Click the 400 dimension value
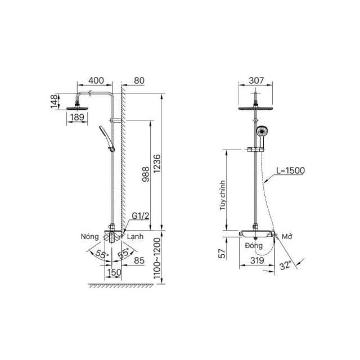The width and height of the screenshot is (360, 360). pyautogui.click(x=96, y=80)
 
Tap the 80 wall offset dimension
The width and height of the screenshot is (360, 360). pyautogui.click(x=139, y=80)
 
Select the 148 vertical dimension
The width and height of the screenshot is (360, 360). pyautogui.click(x=54, y=101)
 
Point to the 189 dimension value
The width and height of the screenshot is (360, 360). pyautogui.click(x=77, y=118)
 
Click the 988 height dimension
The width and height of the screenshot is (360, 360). pyautogui.click(x=146, y=174)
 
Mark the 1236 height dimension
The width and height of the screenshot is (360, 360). pyautogui.click(x=157, y=164)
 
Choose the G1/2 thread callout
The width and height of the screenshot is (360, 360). pyautogui.click(x=141, y=216)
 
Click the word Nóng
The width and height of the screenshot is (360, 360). pyautogui.click(x=90, y=236)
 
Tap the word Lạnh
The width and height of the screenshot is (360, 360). pyautogui.click(x=135, y=237)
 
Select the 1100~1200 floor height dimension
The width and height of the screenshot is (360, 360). pyautogui.click(x=157, y=258)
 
